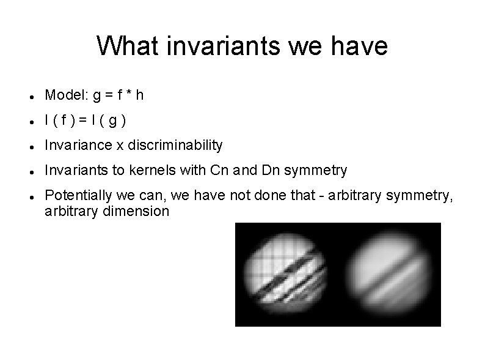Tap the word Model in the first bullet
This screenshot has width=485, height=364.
65,95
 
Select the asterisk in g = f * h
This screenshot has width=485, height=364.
128,95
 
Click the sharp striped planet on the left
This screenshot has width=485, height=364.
286,274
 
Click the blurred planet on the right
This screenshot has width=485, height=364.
387,274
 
